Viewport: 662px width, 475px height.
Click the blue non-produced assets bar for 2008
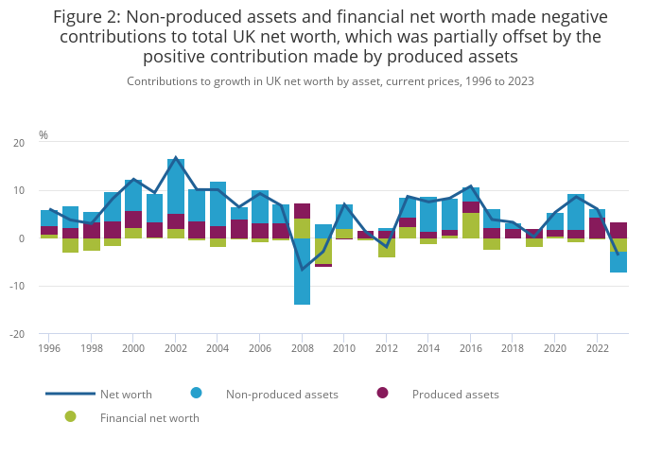[x=302, y=271]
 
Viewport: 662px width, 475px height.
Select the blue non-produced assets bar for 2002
[x=176, y=185]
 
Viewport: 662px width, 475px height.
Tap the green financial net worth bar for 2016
[x=471, y=225]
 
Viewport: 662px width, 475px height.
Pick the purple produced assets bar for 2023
[x=618, y=230]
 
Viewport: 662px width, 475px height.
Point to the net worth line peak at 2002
[x=176, y=158]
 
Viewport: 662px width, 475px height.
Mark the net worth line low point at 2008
[x=303, y=270]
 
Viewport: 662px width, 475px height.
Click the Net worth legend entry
[x=126, y=394]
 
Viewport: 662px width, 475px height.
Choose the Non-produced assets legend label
[x=282, y=394]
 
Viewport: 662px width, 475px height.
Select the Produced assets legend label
[x=455, y=394]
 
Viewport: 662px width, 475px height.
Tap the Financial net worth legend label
[x=149, y=417]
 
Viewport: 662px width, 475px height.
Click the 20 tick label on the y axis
[x=19, y=143]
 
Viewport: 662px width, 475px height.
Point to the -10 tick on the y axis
[x=17, y=287]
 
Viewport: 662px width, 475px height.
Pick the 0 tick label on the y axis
[x=22, y=238]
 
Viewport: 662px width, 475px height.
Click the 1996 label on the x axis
[x=49, y=348]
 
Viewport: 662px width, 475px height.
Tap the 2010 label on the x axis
[x=343, y=348]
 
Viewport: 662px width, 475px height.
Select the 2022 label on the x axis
[x=597, y=348]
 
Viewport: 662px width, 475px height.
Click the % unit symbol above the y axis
[x=43, y=135]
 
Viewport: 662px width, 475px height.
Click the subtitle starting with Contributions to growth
[x=330, y=81]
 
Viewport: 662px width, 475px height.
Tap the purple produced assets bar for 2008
[x=302, y=211]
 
